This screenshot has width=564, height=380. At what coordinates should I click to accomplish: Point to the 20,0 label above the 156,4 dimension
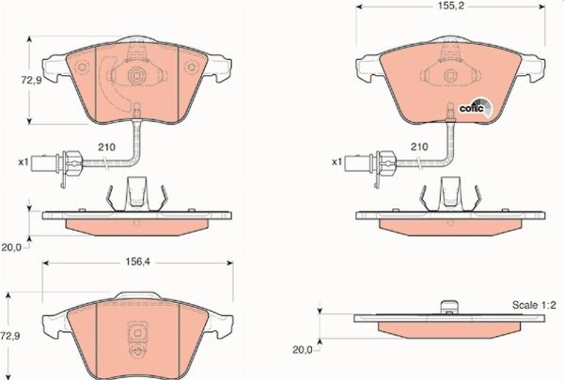[10, 249]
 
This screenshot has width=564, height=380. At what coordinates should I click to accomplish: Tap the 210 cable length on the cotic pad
[419, 147]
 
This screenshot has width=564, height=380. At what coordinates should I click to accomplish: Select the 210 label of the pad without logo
[106, 147]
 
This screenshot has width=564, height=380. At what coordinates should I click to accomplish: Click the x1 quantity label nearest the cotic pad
[336, 162]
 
